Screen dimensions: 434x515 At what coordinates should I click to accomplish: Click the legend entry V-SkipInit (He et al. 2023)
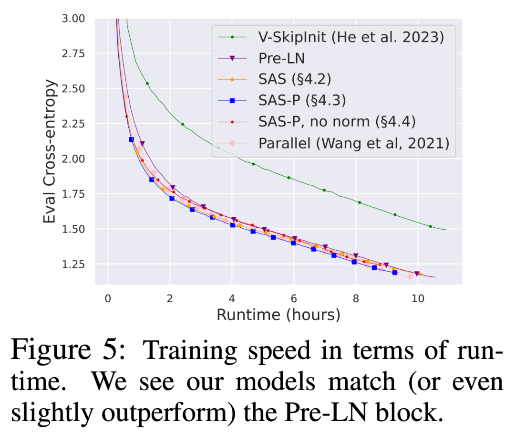click(x=350, y=37)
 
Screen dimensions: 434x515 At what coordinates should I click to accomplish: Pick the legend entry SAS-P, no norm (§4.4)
click(x=337, y=121)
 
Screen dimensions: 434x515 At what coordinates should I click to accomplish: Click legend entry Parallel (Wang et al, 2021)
click(x=354, y=143)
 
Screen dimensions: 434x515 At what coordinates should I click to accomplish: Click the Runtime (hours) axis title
click(x=278, y=315)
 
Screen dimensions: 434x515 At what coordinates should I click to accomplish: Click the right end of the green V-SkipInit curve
click(x=445, y=230)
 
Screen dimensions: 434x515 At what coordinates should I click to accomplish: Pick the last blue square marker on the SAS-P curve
click(x=394, y=272)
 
